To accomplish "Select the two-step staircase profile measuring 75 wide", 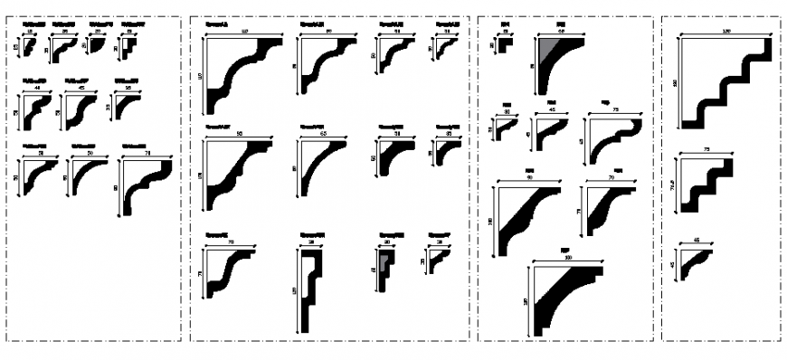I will [x=706, y=185].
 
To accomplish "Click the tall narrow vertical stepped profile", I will [x=309, y=289].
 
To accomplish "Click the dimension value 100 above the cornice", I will [x=569, y=260].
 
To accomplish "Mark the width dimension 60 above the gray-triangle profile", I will [x=561, y=32].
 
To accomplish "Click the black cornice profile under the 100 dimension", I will [x=565, y=298].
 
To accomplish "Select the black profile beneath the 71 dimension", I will [x=145, y=185].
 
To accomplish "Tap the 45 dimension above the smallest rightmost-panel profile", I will [x=697, y=241].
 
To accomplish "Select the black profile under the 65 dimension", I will [x=321, y=167].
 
